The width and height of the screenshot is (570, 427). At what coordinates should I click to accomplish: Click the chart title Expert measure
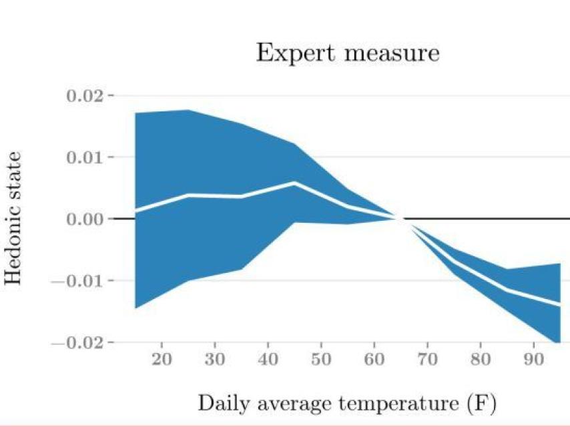tap(348, 53)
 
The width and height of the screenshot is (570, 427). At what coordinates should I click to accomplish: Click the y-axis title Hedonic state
tap(15, 218)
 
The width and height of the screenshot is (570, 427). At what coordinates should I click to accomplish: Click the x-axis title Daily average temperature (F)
tap(347, 403)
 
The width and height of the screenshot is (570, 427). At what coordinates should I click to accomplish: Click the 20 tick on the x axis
tap(162, 360)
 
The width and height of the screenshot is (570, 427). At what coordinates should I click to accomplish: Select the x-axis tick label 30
tap(215, 360)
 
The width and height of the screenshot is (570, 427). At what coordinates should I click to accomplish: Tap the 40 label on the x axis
tap(268, 360)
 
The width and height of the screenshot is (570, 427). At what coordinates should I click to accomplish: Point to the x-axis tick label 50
tap(321, 360)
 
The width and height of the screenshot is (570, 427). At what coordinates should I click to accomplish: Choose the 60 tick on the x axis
tap(374, 360)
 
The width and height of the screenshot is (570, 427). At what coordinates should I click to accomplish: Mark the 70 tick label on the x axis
tap(427, 360)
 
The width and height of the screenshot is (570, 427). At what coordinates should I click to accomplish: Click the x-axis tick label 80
tap(481, 360)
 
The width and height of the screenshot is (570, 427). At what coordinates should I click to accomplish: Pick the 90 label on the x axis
tap(533, 360)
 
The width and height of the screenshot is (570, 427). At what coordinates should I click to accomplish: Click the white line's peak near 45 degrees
tap(294, 182)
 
